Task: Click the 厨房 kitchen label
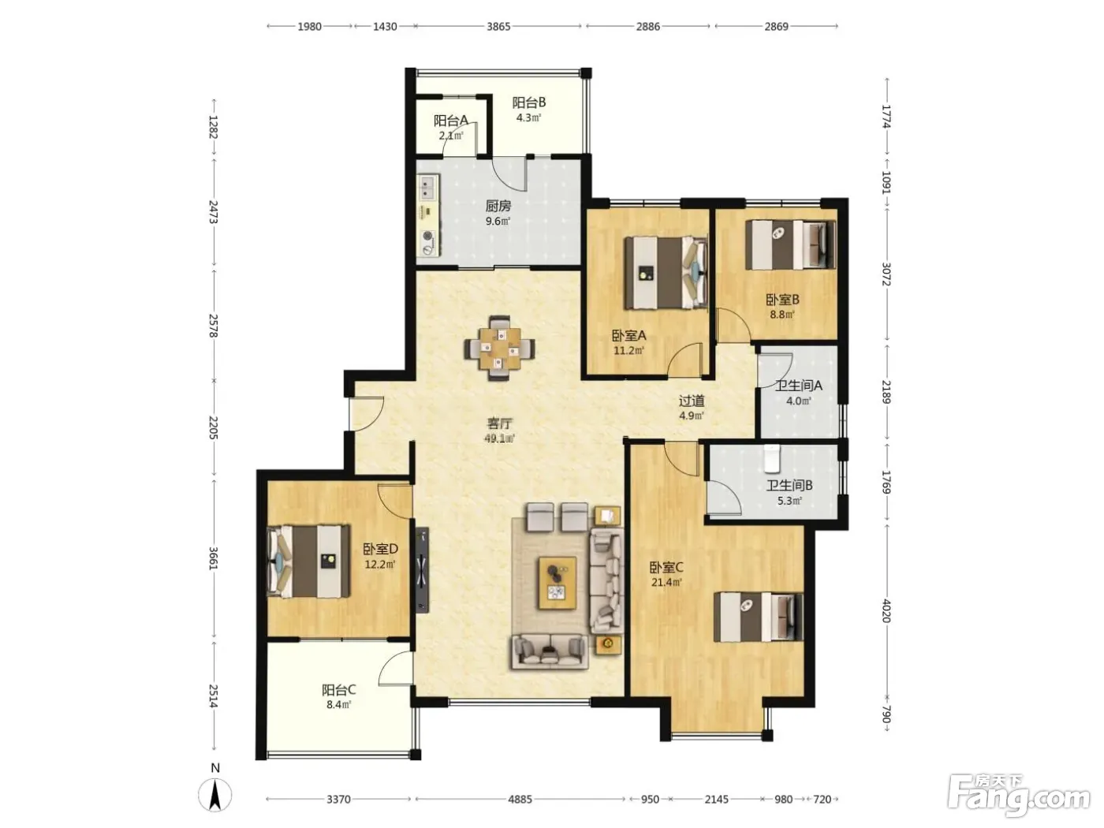tap(498, 206)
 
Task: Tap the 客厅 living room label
tap(499, 423)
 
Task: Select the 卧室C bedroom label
tap(666, 568)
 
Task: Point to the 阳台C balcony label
tap(338, 690)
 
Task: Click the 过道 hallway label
tap(691, 401)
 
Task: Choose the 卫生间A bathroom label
tap(798, 386)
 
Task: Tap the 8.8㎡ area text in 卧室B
tap(782, 315)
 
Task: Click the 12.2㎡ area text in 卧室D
tap(380, 564)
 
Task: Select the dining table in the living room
tap(499, 348)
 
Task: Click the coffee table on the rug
tap(558, 584)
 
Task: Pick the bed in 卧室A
tap(666, 273)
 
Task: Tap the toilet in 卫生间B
tap(770, 458)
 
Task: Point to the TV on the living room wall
tap(422, 570)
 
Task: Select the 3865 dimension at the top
tap(498, 26)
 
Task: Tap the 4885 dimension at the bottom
tap(520, 799)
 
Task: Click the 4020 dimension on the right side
tap(886, 611)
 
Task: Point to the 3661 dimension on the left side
tap(213, 558)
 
